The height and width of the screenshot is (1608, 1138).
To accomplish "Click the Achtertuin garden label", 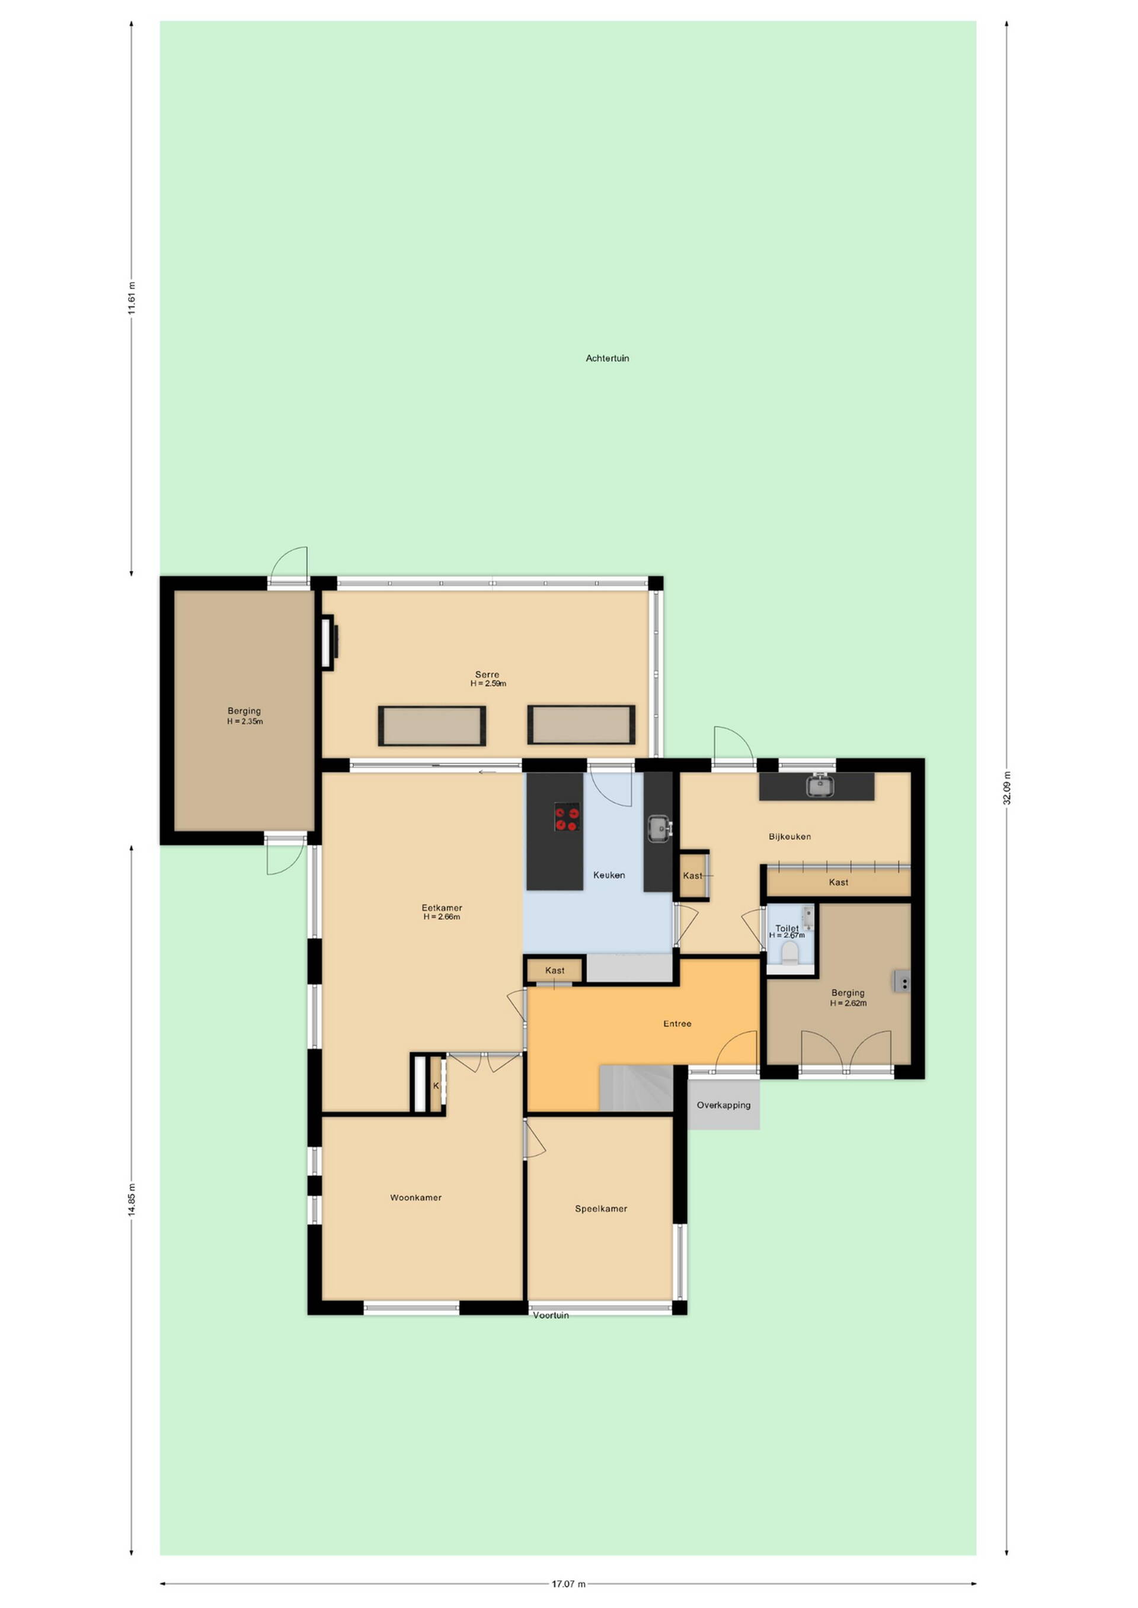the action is [x=607, y=358].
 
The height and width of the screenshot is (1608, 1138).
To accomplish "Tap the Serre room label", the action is [x=487, y=674].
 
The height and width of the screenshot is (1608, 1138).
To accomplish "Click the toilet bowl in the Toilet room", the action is [x=789, y=953].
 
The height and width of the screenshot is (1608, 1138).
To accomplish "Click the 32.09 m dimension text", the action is [x=1007, y=788].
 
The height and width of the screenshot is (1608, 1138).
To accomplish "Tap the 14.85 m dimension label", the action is [x=132, y=1200].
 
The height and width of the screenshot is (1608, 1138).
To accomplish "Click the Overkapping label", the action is [x=723, y=1105].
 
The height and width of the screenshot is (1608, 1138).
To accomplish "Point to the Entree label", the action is [x=677, y=1024].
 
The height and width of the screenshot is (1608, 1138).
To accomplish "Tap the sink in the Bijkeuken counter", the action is [x=819, y=786].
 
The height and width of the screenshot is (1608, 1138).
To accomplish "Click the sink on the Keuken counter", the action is [x=658, y=828].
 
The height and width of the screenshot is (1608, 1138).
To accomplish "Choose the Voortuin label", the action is [x=550, y=1315].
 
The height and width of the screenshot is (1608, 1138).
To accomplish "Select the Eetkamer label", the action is [x=442, y=908].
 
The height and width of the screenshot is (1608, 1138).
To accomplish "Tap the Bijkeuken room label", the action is [x=789, y=836].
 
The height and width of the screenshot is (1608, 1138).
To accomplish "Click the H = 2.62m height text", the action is [x=848, y=1003].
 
